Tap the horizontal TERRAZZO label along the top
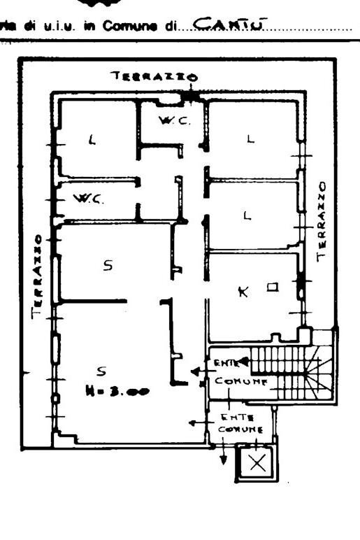[x=154, y=76]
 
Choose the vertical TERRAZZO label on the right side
[x=322, y=220]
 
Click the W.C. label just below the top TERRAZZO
[x=170, y=120]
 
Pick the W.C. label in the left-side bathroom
[x=89, y=199]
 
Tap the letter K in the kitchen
[x=243, y=292]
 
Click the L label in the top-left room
[x=91, y=140]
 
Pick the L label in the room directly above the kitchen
[x=246, y=216]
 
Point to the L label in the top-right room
[x=250, y=139]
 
